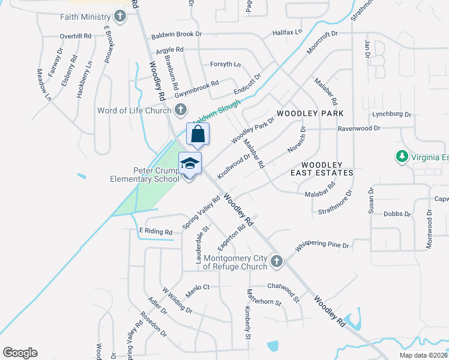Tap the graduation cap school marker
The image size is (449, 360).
(190, 164)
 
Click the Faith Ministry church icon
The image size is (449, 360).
(121, 16)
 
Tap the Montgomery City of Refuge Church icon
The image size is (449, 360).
(277, 261)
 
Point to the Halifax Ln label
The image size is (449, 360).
(287, 32)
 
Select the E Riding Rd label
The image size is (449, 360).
(155, 232)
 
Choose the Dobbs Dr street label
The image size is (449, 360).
(397, 214)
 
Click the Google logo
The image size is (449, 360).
(20, 353)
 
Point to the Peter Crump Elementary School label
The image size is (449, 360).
(144, 174)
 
